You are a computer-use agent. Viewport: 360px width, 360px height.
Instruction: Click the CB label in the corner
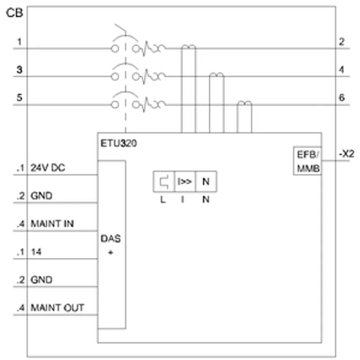point(14,13)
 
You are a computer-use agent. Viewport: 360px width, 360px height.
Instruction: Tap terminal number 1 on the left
point(19,42)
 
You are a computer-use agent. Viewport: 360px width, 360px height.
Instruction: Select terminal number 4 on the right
point(342,70)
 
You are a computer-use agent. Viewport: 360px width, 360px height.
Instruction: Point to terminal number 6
point(342,98)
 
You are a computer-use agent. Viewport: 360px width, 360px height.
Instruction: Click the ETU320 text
point(119,143)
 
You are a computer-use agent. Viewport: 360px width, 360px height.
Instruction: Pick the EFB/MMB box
point(307,161)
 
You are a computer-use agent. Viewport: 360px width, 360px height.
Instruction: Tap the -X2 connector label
point(346,153)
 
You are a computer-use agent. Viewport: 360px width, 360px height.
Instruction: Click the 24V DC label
point(48,168)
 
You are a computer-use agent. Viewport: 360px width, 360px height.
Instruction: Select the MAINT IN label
point(52,224)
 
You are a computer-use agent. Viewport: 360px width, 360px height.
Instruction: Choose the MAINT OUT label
point(58,308)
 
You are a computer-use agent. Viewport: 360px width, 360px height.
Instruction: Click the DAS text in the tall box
point(110,239)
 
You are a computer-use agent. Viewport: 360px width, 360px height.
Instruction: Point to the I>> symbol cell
point(185,181)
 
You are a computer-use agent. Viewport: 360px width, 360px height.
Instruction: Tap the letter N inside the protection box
point(206,181)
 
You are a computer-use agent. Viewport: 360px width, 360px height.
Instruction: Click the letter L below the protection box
point(163,200)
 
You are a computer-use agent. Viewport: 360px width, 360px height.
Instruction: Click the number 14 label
point(36,252)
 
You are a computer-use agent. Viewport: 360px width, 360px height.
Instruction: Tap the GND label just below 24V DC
point(41,196)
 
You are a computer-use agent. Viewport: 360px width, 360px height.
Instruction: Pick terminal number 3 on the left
point(19,70)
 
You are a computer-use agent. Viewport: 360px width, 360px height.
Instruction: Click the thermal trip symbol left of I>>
point(164,181)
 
